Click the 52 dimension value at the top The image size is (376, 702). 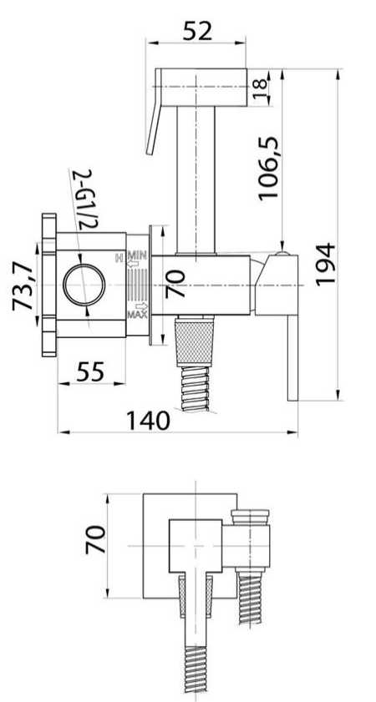197,32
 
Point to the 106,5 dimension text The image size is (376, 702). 268,169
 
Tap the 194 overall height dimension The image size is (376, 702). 325,264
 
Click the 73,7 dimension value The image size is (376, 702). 23,286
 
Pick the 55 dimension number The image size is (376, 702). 90,371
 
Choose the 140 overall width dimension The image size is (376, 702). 149,421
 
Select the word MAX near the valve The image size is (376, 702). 137,315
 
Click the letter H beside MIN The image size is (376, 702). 119,257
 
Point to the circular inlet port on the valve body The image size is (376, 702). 84,285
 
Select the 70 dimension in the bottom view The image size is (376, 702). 96,540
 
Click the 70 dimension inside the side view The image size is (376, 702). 175,284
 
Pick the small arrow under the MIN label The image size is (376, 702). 134,264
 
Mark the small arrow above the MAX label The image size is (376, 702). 141,306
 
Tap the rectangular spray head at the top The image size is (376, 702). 201,88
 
